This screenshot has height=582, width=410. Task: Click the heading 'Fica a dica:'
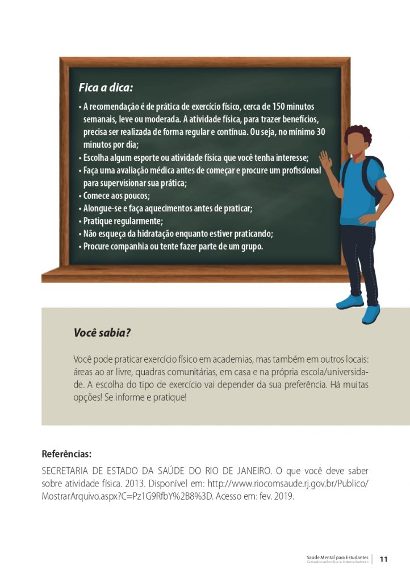tap(106, 88)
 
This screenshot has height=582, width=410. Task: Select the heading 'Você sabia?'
tap(102, 332)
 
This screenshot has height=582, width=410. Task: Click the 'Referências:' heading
tap(66, 454)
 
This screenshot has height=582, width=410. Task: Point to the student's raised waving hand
tap(326, 159)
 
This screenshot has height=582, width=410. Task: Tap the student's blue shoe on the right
tap(371, 313)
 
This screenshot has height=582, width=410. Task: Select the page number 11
tap(383, 559)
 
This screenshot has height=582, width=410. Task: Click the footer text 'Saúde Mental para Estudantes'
tap(337, 557)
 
